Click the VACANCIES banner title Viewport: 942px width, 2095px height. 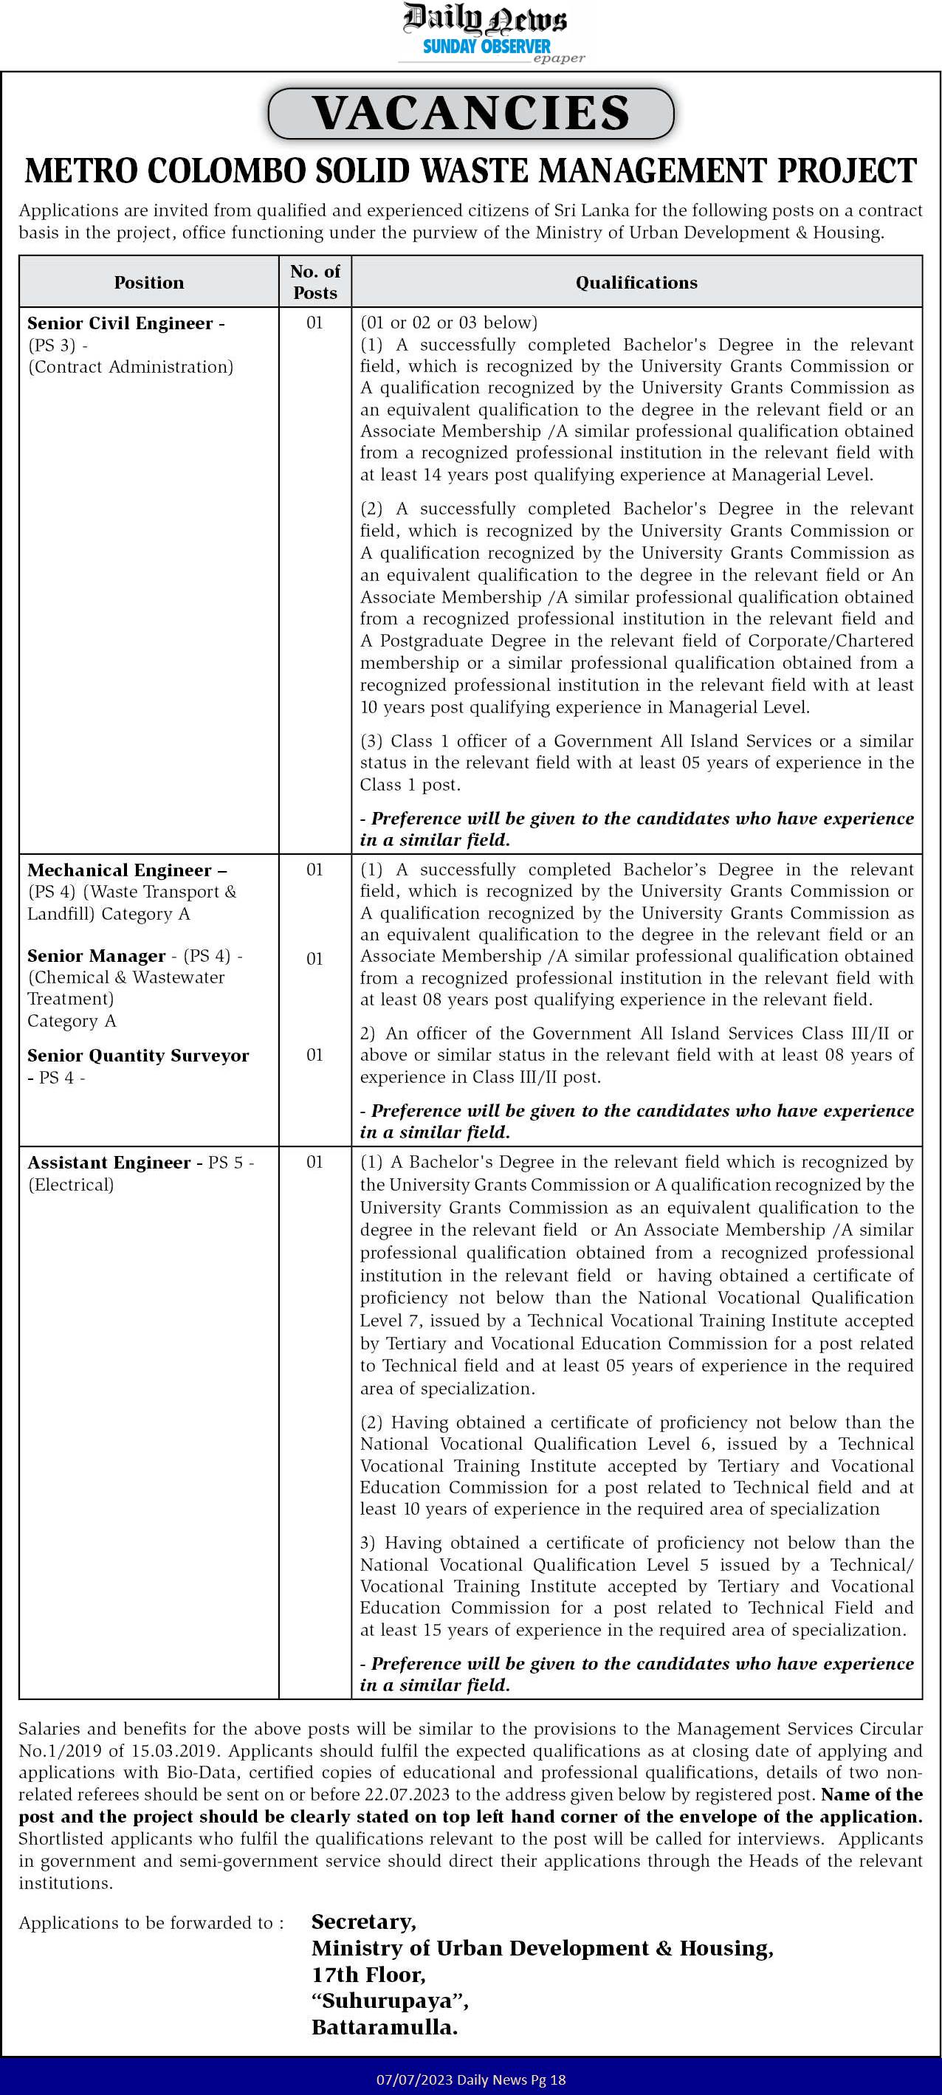pyautogui.click(x=471, y=113)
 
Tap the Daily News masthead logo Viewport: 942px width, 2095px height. pyautogui.click(x=485, y=18)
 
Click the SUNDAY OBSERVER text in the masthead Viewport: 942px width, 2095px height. pyautogui.click(x=487, y=47)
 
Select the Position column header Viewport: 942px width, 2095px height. pyautogui.click(x=149, y=282)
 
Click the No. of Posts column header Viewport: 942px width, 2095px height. pyautogui.click(x=314, y=281)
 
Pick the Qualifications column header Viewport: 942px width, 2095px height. pyautogui.click(x=636, y=282)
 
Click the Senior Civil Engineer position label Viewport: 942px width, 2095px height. pyautogui.click(x=120, y=323)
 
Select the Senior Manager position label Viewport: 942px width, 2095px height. pyautogui.click(x=96, y=956)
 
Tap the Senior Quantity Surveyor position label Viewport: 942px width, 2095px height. pyautogui.click(x=138, y=1055)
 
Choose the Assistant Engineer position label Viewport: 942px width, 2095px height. pyautogui.click(x=109, y=1162)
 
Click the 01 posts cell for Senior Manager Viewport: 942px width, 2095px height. pyautogui.click(x=314, y=959)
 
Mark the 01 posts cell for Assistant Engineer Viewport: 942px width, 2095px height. pyautogui.click(x=314, y=1162)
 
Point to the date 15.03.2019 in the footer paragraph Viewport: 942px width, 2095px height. pyautogui.click(x=175, y=1750)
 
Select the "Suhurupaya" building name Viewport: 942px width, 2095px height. pyautogui.click(x=390, y=2001)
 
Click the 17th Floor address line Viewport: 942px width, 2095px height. pyautogui.click(x=368, y=1975)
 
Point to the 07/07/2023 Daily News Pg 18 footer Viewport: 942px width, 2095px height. pyautogui.click(x=470, y=2079)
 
